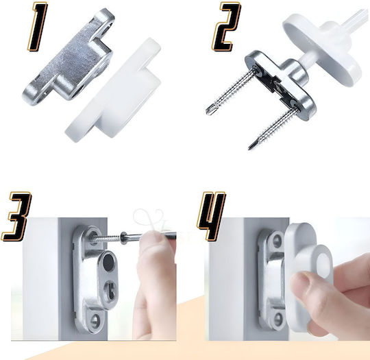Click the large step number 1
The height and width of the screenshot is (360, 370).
[x=38, y=27]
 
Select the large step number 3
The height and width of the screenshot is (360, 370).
[x=16, y=217]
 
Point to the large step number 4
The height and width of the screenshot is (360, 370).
[x=211, y=216]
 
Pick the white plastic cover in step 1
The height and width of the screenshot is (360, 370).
[x=113, y=92]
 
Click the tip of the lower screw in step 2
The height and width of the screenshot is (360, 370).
[x=249, y=147]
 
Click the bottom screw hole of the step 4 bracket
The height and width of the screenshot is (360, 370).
[x=277, y=318]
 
